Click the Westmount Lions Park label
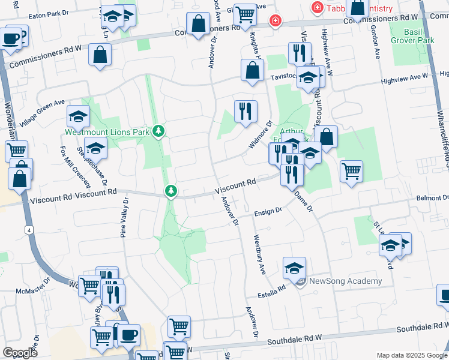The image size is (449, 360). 107,131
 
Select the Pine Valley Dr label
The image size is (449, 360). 124,218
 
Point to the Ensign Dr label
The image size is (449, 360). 268,211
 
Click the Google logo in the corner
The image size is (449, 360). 19,352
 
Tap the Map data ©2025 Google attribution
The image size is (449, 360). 411,355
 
